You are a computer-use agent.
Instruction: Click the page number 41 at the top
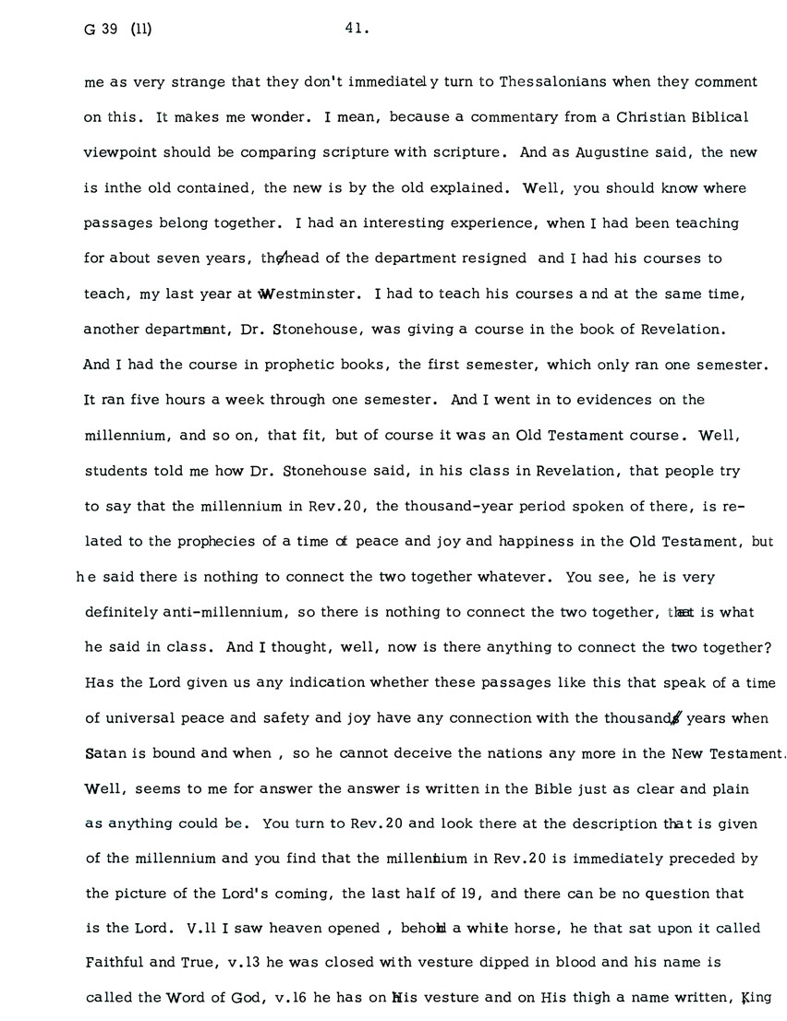[357, 29]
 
